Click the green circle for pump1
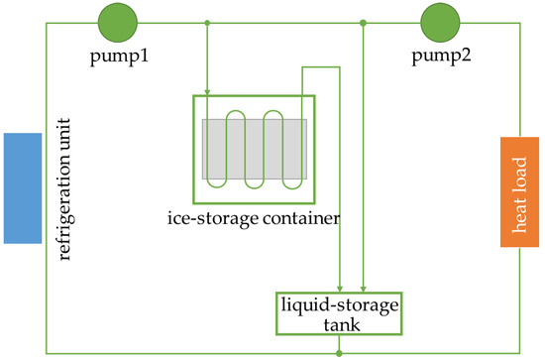pos(119,20)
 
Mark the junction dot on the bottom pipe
pos(339,351)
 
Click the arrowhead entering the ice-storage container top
pos(206,91)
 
